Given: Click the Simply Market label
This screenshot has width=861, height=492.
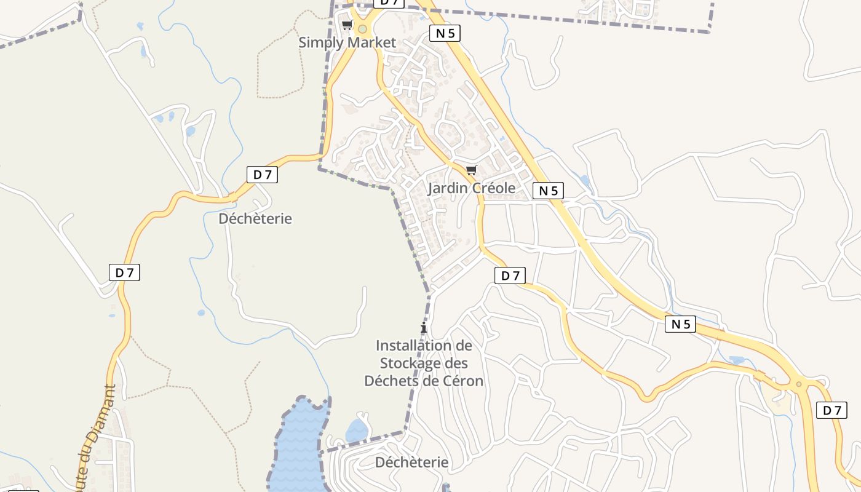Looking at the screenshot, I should (347, 42).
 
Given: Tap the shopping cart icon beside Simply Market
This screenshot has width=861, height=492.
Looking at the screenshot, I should (347, 25).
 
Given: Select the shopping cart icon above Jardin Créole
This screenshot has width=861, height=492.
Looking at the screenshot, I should (471, 170).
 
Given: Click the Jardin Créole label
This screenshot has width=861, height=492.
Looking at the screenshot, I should (472, 188).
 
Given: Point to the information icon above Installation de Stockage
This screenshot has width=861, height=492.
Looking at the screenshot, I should (423, 328).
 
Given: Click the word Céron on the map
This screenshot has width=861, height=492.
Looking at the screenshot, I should (462, 381).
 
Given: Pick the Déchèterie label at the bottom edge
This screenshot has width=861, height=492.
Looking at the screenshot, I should (411, 462).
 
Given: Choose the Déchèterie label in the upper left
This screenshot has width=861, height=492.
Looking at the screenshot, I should (255, 218).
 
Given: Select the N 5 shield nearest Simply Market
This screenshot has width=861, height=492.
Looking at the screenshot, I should (445, 33).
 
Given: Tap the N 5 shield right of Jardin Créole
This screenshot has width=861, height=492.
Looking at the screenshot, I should (548, 191).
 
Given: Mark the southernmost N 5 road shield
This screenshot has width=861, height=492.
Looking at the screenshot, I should (680, 324).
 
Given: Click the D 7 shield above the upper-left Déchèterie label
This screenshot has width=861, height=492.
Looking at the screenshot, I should (262, 175).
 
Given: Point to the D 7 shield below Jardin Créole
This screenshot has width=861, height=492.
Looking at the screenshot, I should (510, 276).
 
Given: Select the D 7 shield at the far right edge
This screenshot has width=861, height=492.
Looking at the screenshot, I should (831, 410).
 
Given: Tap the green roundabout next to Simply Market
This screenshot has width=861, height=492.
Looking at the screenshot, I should (363, 28).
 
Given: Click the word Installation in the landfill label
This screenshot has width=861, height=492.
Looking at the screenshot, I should (424, 346).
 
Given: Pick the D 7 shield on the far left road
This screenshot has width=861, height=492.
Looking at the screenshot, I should (124, 272).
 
